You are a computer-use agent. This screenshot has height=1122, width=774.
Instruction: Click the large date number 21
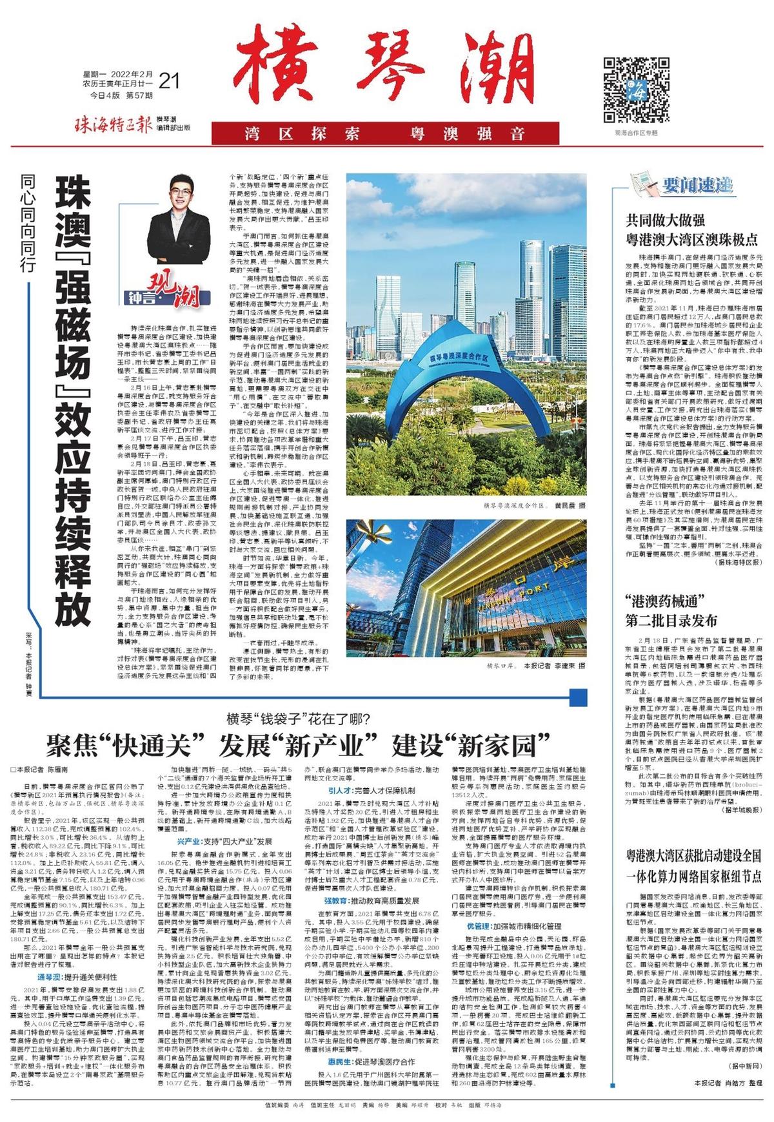[168, 81]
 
